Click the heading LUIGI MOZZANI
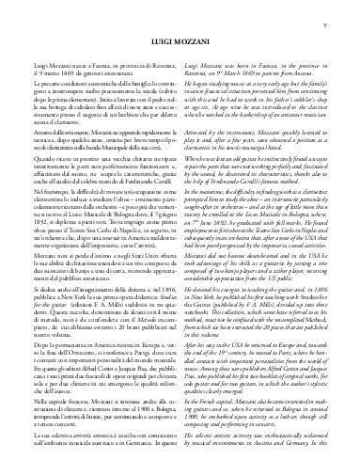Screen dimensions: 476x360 pyautogui.click(x=180, y=41)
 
